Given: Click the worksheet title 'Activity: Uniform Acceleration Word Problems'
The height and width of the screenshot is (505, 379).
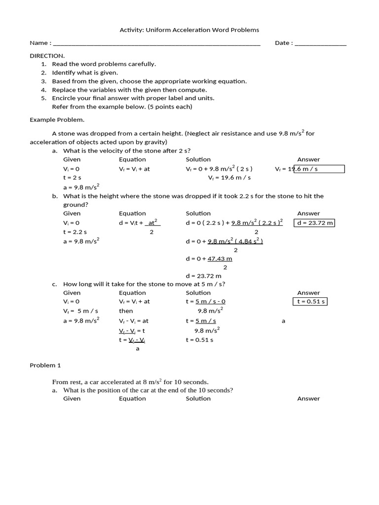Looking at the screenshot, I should (x=189, y=30).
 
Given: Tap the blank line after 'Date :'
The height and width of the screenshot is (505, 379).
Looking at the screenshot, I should (x=320, y=43).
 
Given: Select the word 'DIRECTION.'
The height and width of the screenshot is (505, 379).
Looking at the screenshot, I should (x=47, y=56).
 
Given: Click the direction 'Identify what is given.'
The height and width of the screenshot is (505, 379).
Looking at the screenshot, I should (x=85, y=72).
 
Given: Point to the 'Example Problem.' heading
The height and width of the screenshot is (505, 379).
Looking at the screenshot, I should (x=57, y=119).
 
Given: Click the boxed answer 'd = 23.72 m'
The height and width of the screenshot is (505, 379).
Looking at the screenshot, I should (x=315, y=223).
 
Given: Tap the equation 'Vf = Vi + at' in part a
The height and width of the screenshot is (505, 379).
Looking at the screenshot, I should (x=134, y=169).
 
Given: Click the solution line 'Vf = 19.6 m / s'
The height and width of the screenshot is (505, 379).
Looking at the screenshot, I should (x=229, y=178).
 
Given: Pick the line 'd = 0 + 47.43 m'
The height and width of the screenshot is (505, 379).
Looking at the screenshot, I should (x=209, y=258).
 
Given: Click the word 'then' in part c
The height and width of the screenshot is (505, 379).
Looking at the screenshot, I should (x=126, y=311).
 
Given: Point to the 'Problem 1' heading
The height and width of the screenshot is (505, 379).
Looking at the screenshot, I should (x=45, y=365).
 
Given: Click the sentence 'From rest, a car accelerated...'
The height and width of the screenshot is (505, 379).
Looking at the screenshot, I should (x=130, y=382).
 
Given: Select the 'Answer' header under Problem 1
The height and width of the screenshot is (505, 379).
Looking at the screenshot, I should (x=308, y=398).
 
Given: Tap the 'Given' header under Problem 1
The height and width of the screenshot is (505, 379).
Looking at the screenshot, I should (x=72, y=398).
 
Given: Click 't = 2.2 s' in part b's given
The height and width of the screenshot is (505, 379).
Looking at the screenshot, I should (x=75, y=232).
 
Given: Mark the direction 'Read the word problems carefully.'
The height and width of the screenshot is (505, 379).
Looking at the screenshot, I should (x=104, y=64).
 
